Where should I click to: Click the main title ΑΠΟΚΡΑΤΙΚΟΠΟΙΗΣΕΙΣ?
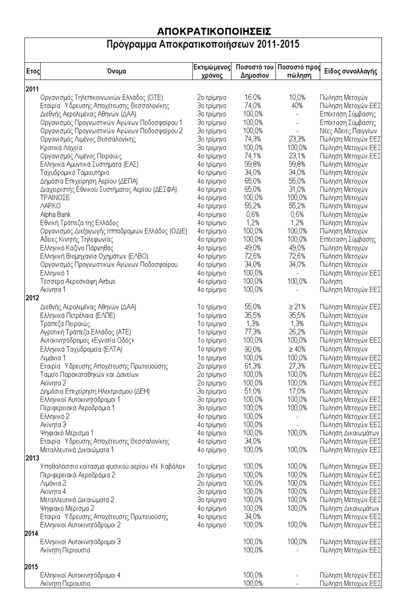click(214, 32)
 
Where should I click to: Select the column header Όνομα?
click(116, 71)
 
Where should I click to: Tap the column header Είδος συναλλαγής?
click(351, 71)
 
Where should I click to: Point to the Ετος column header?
click(33, 71)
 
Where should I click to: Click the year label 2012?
click(32, 298)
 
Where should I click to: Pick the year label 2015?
click(32, 567)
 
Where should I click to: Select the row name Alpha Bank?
click(55, 214)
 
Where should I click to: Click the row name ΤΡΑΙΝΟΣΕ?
click(55, 198)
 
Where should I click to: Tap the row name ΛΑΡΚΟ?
click(50, 206)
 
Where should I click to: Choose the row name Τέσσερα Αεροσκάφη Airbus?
click(78, 281)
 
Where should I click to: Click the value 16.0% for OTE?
click(253, 97)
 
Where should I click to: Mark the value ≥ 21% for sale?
click(297, 307)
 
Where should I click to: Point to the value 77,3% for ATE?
click(253, 332)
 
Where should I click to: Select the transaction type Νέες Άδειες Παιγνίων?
click(348, 131)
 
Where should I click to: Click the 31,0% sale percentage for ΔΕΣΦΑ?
click(297, 190)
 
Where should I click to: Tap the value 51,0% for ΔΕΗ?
click(253, 391)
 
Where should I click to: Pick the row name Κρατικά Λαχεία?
click(61, 148)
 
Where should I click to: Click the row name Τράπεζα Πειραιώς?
click(65, 324)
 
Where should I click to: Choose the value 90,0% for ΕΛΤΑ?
click(253, 349)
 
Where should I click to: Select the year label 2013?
click(32, 458)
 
